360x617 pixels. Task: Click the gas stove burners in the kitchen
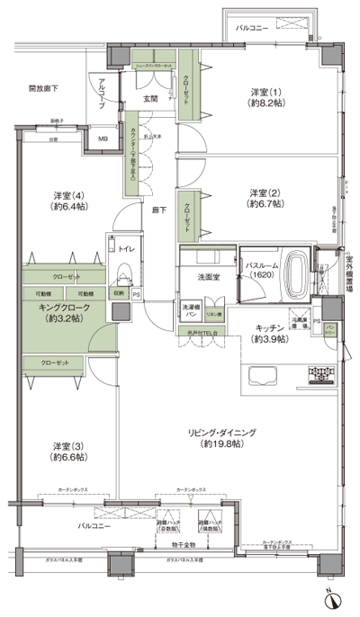(x=322, y=371)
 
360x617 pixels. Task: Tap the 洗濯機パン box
(x=191, y=310)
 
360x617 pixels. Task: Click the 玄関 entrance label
(x=151, y=98)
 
